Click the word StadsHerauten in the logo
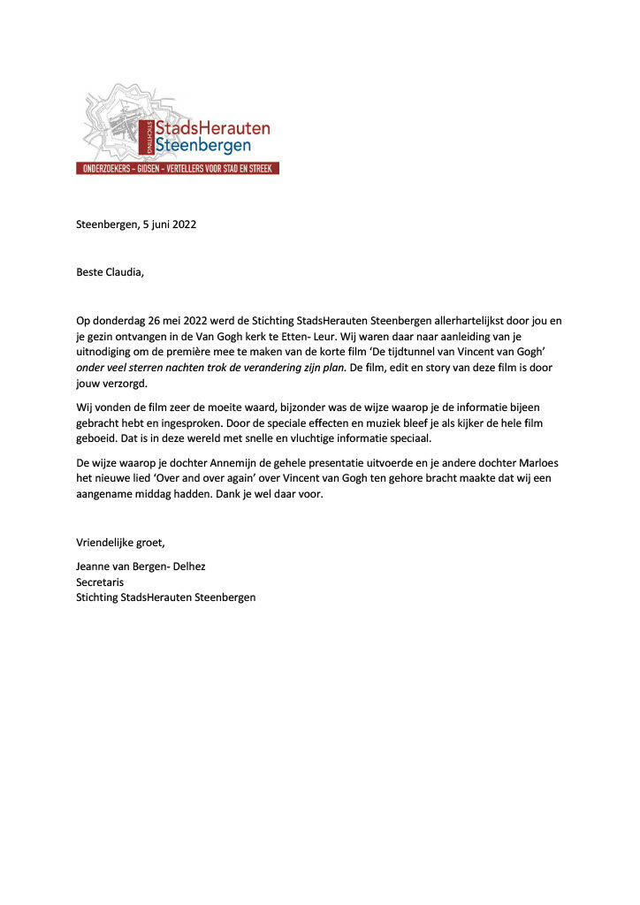coord(212,128)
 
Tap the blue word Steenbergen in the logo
coord(202,145)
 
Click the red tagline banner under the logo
coord(178,168)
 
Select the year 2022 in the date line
coord(182,224)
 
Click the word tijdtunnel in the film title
coord(442,352)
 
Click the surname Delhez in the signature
coord(187,566)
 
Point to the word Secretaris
coord(100,582)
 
